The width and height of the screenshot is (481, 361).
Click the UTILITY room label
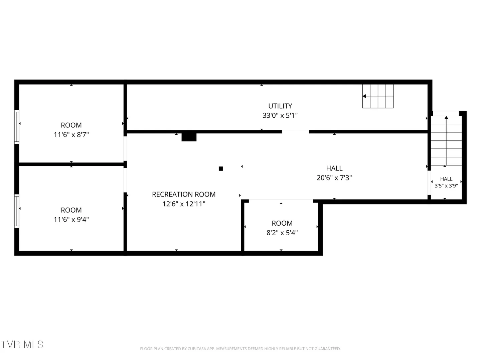tap(280, 106)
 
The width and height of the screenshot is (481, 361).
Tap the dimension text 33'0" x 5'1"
tap(280, 116)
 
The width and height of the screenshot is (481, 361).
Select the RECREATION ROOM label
tap(184, 195)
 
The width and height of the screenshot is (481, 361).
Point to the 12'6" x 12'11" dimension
tap(184, 204)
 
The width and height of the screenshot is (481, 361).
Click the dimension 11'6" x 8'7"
tap(71, 135)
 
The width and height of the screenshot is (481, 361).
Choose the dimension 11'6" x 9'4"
tap(71, 219)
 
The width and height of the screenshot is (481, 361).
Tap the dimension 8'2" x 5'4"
tap(282, 233)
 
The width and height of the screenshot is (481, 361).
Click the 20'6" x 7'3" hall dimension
tap(334, 177)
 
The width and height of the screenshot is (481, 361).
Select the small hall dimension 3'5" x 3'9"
tap(446, 186)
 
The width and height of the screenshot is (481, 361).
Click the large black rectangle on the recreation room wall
tap(189, 137)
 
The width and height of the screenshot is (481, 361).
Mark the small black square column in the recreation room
tap(221, 168)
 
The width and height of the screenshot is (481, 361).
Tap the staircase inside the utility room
tap(378, 96)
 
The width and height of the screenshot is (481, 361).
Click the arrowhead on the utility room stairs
tap(364, 96)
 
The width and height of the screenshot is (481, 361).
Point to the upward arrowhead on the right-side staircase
tap(446, 117)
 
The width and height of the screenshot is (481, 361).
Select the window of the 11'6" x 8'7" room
tap(17, 127)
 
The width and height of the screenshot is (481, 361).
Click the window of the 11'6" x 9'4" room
tap(17, 211)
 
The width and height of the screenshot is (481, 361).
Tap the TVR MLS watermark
tap(22, 345)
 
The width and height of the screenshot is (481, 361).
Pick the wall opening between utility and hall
tap(295, 132)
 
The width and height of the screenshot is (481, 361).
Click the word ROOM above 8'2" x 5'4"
tap(282, 223)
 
